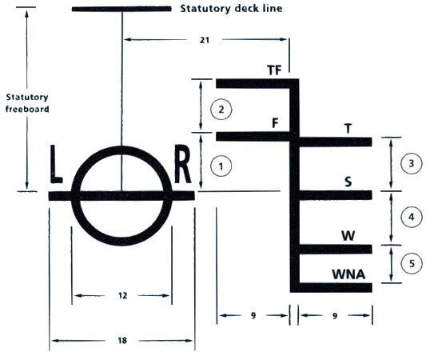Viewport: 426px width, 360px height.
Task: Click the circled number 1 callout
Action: (x=221, y=166)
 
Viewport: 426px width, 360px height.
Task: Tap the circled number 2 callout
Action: (x=221, y=110)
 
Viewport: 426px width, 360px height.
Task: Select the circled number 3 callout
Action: (x=412, y=163)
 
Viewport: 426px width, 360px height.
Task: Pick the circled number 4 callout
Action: (x=412, y=217)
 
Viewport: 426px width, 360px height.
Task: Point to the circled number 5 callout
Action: (x=412, y=263)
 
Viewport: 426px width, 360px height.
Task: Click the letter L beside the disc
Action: (x=56, y=164)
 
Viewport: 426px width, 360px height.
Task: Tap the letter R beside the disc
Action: (x=182, y=164)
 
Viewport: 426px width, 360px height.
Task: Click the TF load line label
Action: (x=274, y=70)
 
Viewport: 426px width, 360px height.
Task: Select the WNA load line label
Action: (x=348, y=274)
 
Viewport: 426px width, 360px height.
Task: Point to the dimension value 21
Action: (x=205, y=40)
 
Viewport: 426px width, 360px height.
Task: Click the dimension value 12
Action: (x=122, y=295)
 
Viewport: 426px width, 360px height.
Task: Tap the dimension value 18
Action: (x=122, y=341)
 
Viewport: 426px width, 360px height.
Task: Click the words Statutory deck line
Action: (x=231, y=9)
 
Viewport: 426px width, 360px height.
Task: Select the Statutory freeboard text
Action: (x=27, y=103)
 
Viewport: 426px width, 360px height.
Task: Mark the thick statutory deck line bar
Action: (x=121, y=9)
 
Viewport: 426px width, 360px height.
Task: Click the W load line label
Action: (x=348, y=236)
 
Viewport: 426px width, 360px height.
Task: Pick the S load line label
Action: (x=348, y=182)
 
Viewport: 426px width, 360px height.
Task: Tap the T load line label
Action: (x=348, y=128)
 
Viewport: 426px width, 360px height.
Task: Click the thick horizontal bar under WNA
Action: (x=331, y=288)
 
